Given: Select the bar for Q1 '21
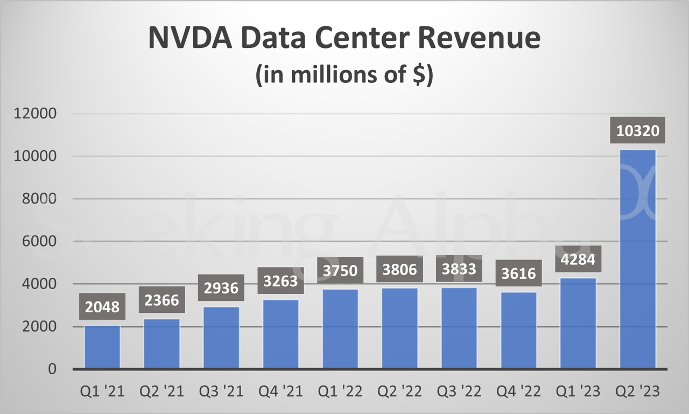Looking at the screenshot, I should tap(102, 347).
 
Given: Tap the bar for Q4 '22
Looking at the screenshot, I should tap(519, 331).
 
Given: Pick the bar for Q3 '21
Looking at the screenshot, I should tap(221, 338).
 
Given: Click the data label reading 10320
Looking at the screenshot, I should tap(638, 130).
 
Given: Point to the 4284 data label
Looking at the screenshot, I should tap(578, 259).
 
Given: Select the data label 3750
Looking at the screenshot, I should tap(340, 270).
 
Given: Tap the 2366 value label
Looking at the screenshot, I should tap(162, 299).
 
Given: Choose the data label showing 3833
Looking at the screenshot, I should tap(459, 269).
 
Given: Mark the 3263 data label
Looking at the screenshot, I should tap(280, 280).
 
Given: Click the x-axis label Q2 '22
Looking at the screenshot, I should tap(400, 391).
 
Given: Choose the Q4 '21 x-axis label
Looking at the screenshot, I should tap(280, 391).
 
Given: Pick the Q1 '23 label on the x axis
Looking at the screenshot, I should tap(578, 391).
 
